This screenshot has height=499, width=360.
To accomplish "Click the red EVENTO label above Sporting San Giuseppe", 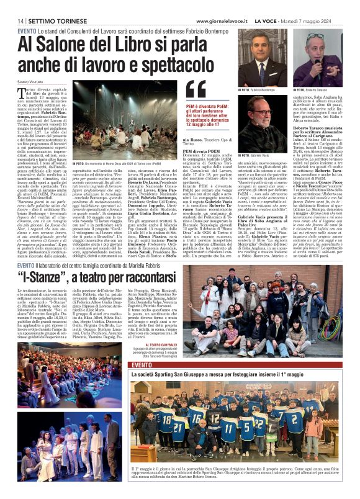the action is coord(142,365).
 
